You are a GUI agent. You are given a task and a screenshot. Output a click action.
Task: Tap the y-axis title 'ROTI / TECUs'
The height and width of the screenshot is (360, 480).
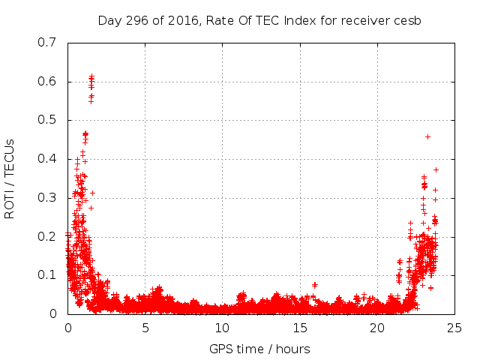(x=10, y=178)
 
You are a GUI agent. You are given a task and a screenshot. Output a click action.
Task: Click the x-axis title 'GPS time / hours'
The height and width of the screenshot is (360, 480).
(x=259, y=349)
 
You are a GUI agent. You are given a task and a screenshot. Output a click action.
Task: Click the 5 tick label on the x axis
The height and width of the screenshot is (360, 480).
(x=145, y=328)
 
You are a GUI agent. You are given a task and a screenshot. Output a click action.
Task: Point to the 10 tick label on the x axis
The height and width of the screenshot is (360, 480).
(x=222, y=328)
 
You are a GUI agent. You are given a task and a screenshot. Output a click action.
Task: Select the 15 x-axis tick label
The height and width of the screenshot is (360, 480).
(x=299, y=328)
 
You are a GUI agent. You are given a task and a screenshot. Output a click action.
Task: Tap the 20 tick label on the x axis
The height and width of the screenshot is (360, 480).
(x=376, y=328)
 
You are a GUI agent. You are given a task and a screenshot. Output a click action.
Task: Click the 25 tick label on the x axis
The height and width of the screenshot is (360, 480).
(x=454, y=328)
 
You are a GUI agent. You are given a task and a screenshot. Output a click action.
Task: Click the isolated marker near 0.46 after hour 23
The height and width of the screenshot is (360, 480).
(x=427, y=136)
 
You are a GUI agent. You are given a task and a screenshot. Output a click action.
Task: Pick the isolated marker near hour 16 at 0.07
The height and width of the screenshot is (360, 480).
(x=315, y=285)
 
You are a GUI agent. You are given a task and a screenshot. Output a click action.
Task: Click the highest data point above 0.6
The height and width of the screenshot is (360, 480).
(x=91, y=76)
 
